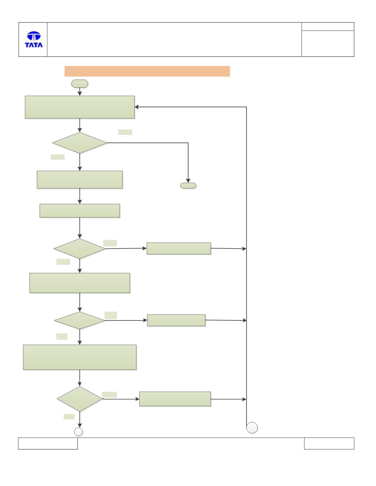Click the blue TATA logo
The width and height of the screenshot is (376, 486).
[34, 39]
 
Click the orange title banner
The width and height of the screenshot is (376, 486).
[147, 71]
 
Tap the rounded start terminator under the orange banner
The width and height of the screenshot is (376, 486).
[80, 84]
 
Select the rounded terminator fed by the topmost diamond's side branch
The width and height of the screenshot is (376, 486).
[188, 186]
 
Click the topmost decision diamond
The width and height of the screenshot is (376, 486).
[80, 143]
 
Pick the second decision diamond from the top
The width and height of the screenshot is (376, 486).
[80, 249]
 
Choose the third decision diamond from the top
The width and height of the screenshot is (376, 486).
[80, 320]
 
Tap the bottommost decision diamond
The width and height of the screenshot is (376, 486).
[80, 399]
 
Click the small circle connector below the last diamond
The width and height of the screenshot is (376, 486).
[78, 432]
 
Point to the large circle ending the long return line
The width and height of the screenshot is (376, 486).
[252, 428]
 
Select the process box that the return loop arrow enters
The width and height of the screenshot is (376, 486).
[80, 107]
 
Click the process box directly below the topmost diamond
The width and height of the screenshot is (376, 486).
[80, 180]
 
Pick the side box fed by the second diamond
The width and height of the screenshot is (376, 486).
[179, 248]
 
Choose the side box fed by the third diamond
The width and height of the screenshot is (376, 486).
[176, 320]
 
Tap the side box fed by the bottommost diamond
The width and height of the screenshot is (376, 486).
[175, 399]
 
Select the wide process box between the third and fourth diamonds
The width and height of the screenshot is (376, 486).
[80, 357]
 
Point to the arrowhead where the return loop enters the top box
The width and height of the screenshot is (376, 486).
[136, 107]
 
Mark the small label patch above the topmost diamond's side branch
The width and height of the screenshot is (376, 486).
[125, 132]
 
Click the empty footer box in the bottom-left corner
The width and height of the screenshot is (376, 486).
[48, 443]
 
